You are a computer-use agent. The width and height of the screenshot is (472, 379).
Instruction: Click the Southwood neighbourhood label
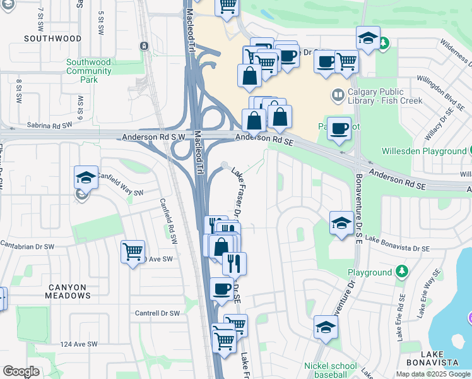click(53, 39)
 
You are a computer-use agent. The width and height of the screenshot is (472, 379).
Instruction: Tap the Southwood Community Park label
click(89, 71)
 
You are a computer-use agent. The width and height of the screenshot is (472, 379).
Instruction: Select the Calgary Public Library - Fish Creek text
click(385, 95)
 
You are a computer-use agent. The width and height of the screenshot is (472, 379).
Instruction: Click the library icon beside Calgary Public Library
click(338, 95)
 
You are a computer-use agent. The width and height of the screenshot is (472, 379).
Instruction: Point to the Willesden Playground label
click(423, 152)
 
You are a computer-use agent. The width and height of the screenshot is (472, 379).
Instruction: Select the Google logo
click(21, 371)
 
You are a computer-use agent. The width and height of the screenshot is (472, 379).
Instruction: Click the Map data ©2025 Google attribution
click(432, 374)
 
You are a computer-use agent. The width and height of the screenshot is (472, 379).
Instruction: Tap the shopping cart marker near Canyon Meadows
click(133, 251)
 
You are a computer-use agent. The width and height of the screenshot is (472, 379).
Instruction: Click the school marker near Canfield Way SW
click(86, 177)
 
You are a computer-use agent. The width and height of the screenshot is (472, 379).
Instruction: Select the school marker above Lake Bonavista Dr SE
click(341, 222)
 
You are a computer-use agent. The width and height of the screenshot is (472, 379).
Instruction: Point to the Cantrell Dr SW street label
click(158, 313)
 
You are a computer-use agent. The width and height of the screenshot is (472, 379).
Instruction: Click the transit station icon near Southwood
click(145, 45)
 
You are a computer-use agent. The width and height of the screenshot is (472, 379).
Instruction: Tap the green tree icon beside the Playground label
click(401, 272)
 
